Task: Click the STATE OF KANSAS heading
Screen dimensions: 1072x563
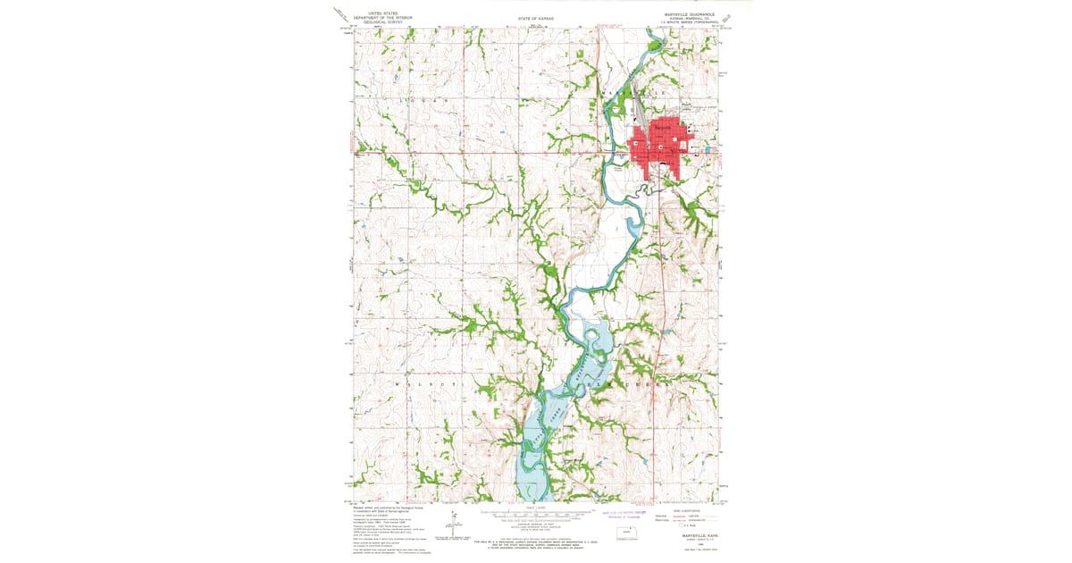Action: [x=535, y=18]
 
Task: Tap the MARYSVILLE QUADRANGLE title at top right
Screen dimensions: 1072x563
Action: [x=690, y=13]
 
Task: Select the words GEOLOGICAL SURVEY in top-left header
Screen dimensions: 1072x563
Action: [x=377, y=21]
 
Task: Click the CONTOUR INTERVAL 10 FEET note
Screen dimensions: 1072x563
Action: [x=536, y=524]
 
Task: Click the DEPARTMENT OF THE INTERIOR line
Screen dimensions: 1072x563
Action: [x=377, y=17]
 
